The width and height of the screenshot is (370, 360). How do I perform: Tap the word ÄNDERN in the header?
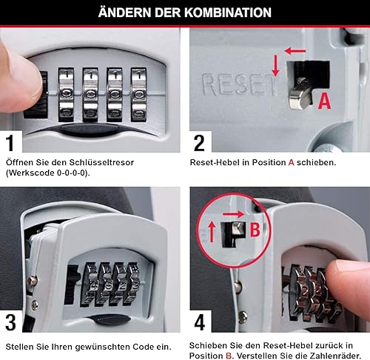point(124,12)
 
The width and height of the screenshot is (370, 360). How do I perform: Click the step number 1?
point(10,143)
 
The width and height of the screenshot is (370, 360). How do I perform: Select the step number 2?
point(199,143)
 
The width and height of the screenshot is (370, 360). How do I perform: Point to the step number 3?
point(10,322)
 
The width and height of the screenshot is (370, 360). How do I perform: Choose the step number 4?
point(200,322)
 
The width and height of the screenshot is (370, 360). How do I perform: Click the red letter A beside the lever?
point(324,101)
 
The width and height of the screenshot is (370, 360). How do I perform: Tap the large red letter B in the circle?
point(255,230)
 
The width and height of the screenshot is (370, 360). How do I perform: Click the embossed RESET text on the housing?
point(239,84)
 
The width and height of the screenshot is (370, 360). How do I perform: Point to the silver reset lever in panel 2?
point(299,95)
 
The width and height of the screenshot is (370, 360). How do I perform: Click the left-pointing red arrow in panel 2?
point(295,51)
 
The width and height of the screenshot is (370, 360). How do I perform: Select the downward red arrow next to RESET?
point(275,65)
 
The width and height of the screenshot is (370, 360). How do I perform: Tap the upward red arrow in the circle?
point(212,232)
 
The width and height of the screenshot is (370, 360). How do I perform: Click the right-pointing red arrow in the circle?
point(233,214)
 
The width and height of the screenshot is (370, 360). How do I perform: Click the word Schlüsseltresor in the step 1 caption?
point(101,162)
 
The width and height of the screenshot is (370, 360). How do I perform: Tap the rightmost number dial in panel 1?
point(138,95)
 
